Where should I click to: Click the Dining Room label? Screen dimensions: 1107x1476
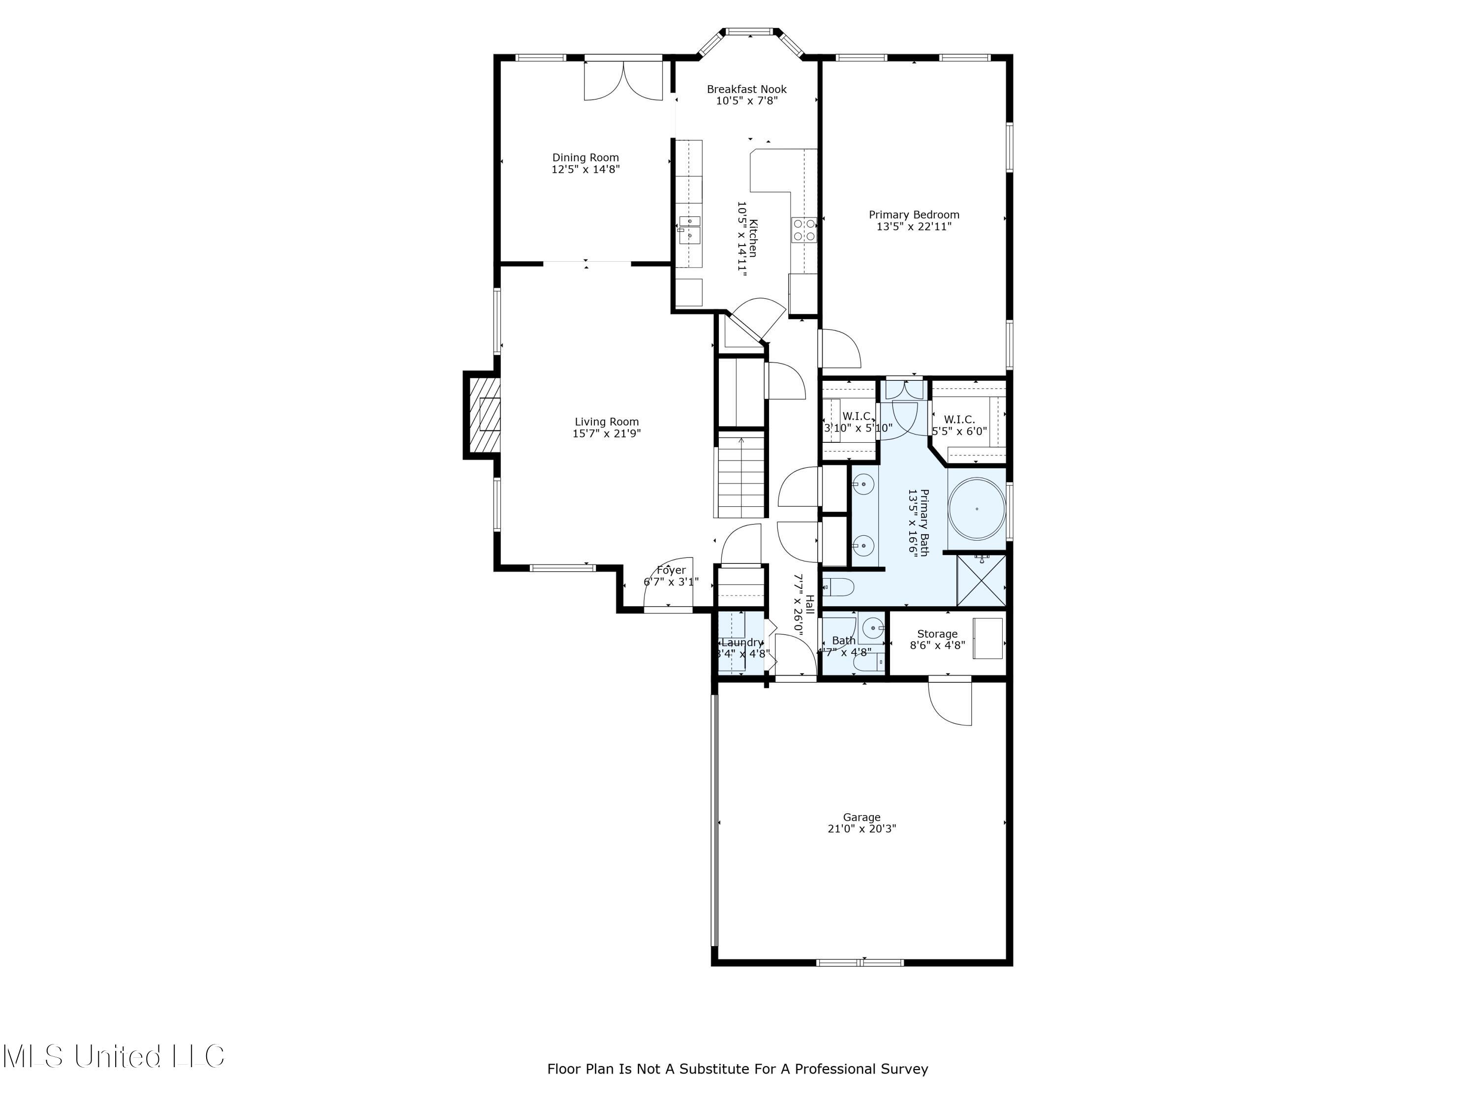(x=585, y=158)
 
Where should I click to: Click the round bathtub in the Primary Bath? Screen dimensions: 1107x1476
(x=976, y=508)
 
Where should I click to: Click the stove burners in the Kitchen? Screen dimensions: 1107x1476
(x=804, y=230)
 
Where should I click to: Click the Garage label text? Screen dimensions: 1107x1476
(x=861, y=817)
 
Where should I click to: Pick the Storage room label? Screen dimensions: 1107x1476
(x=937, y=634)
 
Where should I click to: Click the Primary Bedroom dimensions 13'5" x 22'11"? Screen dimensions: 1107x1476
(x=914, y=227)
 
